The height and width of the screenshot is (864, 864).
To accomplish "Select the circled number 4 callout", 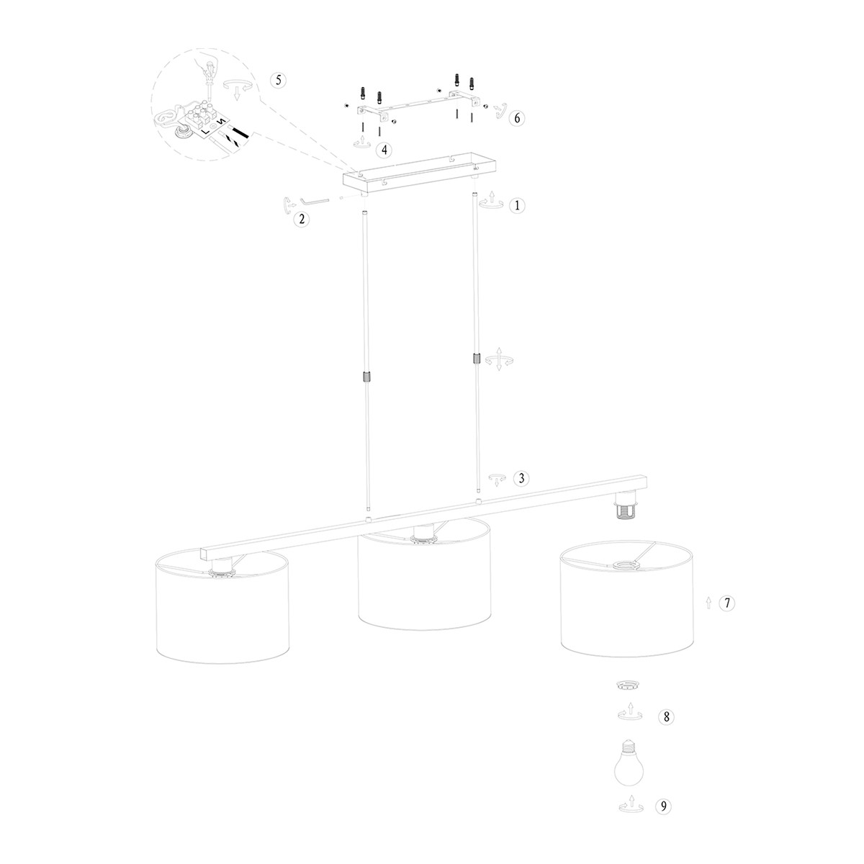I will [x=384, y=150].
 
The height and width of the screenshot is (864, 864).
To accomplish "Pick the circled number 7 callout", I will [x=728, y=603].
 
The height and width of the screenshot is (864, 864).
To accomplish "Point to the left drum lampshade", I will [x=222, y=608].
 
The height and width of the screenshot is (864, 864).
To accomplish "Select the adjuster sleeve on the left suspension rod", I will [x=366, y=377].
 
